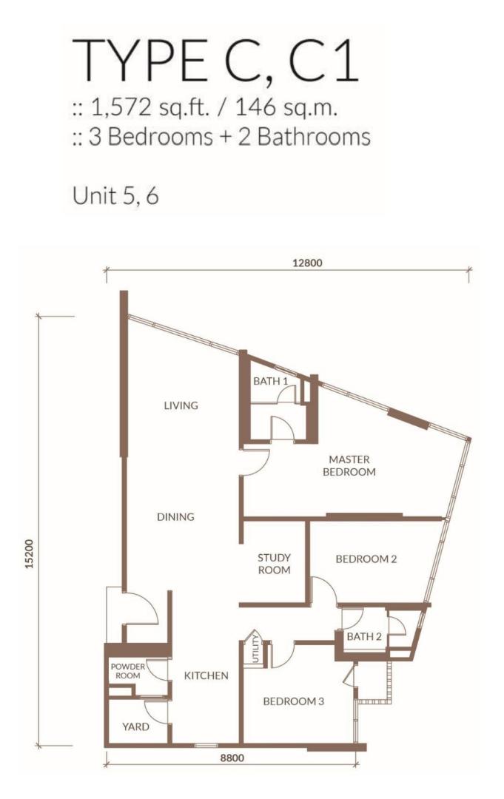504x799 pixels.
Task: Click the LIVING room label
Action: point(181,405)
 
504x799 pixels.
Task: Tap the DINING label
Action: point(175,516)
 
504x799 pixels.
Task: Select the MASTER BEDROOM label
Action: point(349,466)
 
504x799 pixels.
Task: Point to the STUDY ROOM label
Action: point(274,564)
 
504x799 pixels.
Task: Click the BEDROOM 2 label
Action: point(366,559)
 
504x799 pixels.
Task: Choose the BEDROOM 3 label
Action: point(294,701)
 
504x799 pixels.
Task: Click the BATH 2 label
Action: point(364,636)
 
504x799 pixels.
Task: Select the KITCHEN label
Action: point(206,675)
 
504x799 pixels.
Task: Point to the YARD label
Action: point(135,726)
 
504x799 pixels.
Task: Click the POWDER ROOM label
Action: point(128,671)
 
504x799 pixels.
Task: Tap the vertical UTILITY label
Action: point(256,649)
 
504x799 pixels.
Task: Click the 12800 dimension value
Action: point(308,263)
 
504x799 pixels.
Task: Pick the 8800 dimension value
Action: point(232,758)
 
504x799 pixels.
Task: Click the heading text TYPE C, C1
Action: point(215,61)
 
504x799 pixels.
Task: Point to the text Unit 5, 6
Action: point(115,195)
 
